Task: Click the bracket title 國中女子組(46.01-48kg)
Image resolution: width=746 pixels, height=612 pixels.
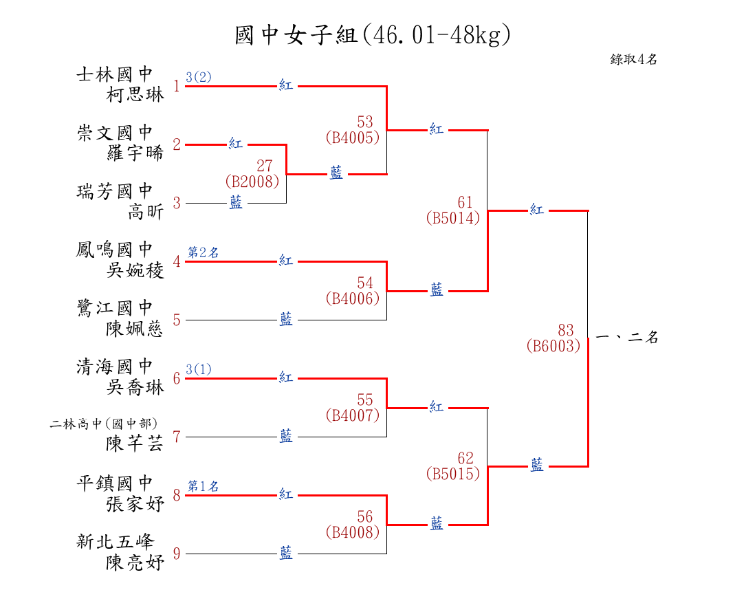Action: (x=373, y=35)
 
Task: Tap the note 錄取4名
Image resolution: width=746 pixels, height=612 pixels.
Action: (x=633, y=59)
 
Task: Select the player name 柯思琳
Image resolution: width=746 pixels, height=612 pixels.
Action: (x=135, y=94)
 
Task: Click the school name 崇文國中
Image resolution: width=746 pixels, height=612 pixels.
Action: (x=115, y=133)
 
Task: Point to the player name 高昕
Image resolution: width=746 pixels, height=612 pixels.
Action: (x=146, y=211)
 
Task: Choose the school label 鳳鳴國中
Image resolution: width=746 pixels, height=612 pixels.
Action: (x=115, y=250)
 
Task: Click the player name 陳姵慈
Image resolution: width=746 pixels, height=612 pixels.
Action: (x=135, y=329)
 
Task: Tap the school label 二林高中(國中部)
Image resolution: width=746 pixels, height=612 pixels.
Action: (x=103, y=424)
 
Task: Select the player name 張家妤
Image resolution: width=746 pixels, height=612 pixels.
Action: (x=135, y=503)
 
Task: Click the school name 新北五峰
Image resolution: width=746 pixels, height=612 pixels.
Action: (x=116, y=542)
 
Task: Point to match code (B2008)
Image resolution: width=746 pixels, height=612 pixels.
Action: (x=252, y=182)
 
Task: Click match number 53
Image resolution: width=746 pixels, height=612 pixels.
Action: (x=365, y=121)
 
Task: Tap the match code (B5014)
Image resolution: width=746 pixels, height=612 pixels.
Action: (x=453, y=218)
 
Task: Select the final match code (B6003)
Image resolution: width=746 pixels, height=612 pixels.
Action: (x=553, y=345)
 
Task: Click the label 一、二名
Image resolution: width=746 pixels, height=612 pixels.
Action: (x=627, y=337)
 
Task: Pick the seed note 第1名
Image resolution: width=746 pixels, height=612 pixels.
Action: (x=203, y=486)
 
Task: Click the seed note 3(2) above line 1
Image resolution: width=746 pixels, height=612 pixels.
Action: (x=199, y=76)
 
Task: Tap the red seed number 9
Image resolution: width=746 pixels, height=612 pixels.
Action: (x=177, y=554)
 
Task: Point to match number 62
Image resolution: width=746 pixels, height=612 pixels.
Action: (x=465, y=458)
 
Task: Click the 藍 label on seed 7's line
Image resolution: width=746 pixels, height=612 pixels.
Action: (x=286, y=436)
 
